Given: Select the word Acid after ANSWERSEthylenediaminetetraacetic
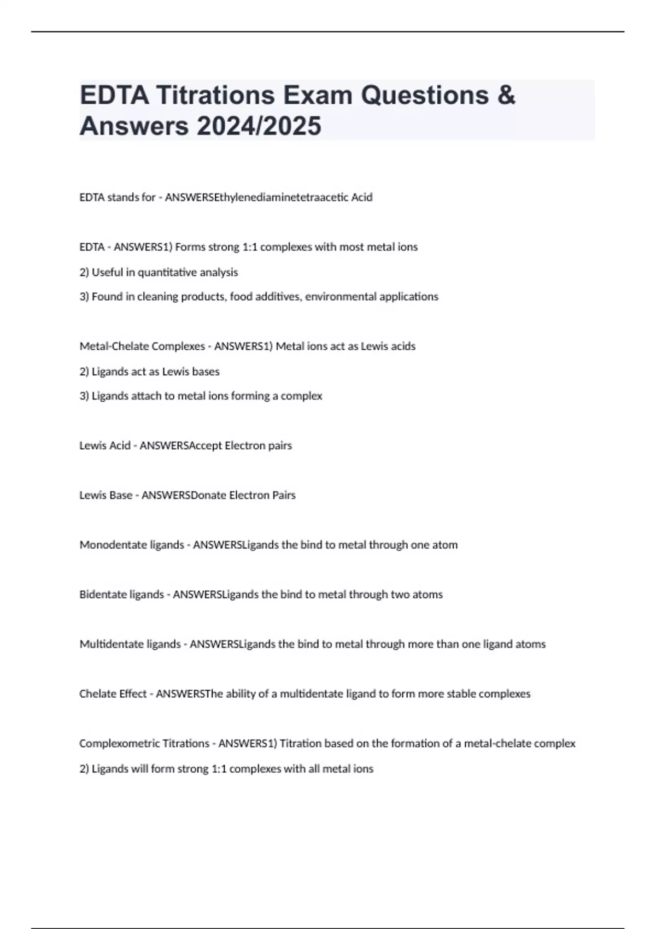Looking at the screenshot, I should pos(361,197).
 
